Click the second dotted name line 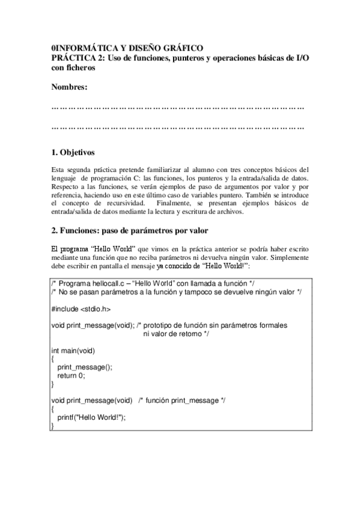coord(178,127)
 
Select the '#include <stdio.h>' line coord(81,308)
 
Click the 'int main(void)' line coord(73,350)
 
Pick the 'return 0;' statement coord(71,375)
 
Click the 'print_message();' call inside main coord(85,367)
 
